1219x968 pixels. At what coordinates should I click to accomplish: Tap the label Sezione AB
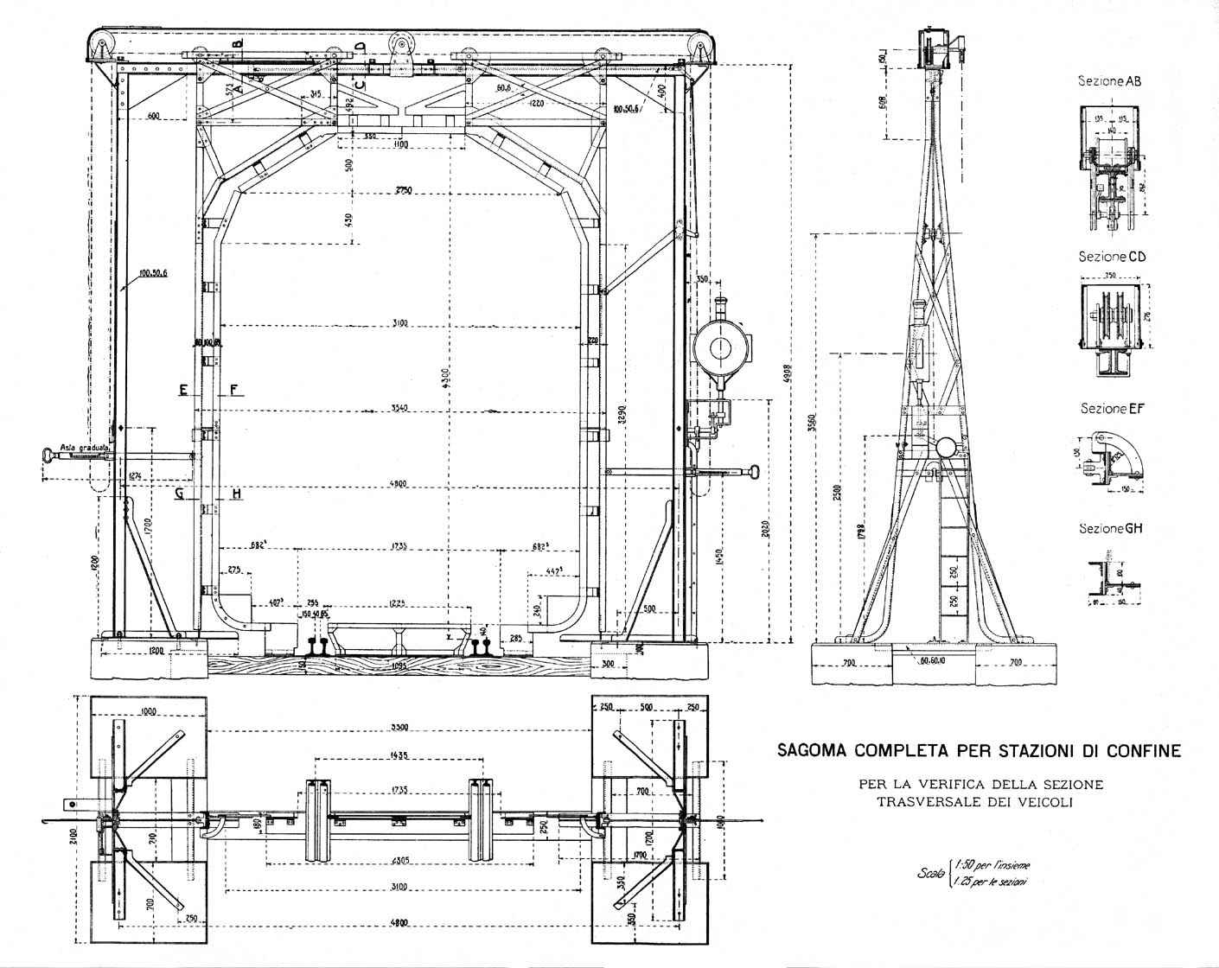(1109, 81)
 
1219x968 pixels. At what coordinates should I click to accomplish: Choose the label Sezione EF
(1111, 408)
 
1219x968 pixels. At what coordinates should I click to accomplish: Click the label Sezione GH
(1111, 528)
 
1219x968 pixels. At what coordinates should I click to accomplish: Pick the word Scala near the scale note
(932, 874)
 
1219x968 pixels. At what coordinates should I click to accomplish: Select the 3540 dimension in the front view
(399, 408)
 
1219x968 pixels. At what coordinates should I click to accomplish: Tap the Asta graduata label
(84, 449)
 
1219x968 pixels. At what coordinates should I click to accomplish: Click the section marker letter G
(179, 494)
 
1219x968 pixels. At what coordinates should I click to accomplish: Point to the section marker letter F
(234, 390)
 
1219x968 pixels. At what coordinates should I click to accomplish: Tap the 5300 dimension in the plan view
(399, 727)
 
